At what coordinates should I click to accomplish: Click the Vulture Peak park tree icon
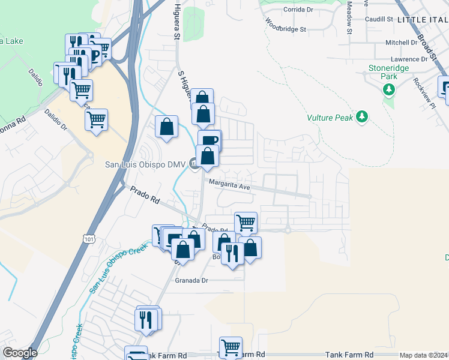361,116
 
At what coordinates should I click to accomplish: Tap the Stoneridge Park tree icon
389,90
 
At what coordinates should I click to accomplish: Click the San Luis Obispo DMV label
145,164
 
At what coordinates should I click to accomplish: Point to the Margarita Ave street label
229,186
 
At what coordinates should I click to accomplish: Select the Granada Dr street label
191,280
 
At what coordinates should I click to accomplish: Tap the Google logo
20,353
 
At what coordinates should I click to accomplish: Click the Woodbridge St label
286,28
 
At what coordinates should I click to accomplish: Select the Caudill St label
378,19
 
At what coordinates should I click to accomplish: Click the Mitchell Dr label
401,43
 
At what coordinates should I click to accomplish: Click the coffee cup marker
209,142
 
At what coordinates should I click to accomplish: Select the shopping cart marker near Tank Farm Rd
231,347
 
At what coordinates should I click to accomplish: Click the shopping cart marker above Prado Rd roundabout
246,223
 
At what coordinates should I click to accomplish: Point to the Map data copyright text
423,355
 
